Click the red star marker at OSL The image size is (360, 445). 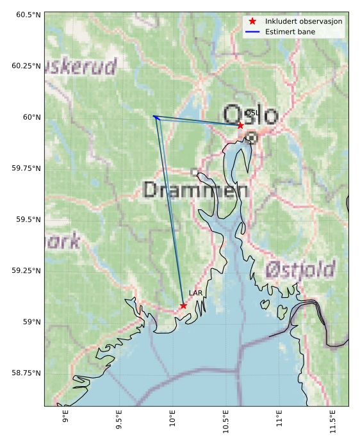(x=240, y=125)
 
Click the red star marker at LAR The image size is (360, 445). (x=183, y=305)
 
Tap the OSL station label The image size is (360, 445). (x=252, y=113)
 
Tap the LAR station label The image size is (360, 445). (x=195, y=293)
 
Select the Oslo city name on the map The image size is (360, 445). (x=250, y=116)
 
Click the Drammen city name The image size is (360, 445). (x=195, y=190)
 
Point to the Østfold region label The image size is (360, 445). (x=300, y=268)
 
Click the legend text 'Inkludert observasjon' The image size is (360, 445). (x=304, y=21)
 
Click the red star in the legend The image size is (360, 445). (x=252, y=21)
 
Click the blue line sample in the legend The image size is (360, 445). (x=252, y=31)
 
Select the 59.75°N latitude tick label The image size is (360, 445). (x=25, y=168)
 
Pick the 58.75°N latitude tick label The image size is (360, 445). (x=25, y=373)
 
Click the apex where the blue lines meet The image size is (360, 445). (x=154, y=116)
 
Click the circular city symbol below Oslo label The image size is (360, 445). (x=252, y=137)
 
